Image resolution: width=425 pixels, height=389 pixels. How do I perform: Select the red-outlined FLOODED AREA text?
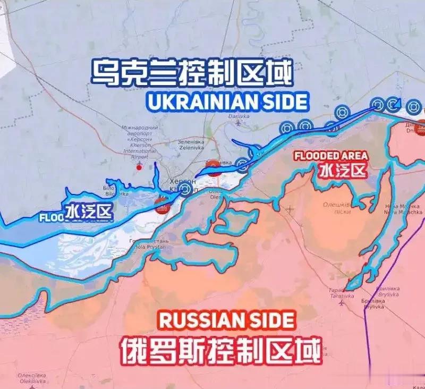tap(330, 156)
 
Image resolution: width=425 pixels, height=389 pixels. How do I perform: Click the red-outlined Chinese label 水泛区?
tap(343, 171)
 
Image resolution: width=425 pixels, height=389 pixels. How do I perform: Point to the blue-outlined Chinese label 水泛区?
tap(90, 212)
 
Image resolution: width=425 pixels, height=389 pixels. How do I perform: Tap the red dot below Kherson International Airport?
tap(139, 167)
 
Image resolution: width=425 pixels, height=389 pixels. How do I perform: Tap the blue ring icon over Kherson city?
tap(185, 190)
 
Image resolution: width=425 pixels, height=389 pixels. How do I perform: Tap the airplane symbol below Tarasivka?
tap(341, 303)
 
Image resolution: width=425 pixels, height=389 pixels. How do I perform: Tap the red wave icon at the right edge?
tap(421, 128)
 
